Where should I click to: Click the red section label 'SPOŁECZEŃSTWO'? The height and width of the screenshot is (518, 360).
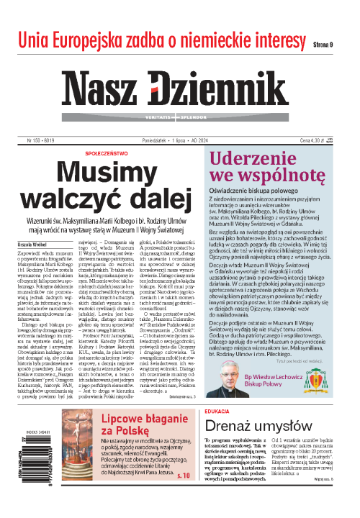(111, 134)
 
